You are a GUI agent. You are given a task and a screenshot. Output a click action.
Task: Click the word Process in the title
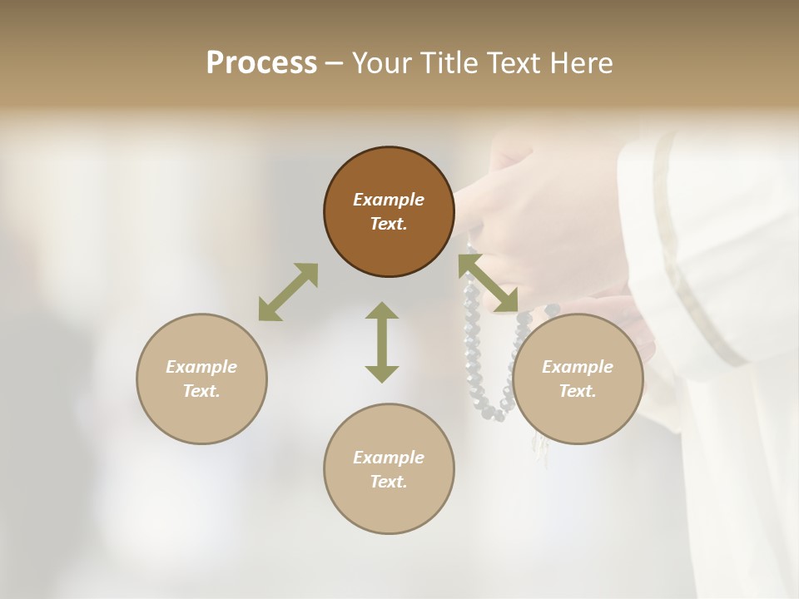[x=261, y=63]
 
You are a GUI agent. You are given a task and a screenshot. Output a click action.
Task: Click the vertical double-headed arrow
[x=382, y=342]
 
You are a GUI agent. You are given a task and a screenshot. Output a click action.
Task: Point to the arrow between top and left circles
[x=288, y=292]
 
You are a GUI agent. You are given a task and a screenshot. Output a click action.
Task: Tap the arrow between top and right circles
[x=489, y=283]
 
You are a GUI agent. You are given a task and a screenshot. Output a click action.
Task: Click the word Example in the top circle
[x=389, y=200]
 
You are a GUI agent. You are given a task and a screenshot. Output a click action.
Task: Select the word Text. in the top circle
[x=389, y=224]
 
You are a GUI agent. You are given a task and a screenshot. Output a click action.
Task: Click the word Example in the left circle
[x=201, y=367]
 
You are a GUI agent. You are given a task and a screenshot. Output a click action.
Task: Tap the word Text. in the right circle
[x=578, y=391]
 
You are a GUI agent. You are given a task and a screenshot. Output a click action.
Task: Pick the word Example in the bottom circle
[x=389, y=458]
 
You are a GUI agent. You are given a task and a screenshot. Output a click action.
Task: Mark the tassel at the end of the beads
[x=541, y=450]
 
